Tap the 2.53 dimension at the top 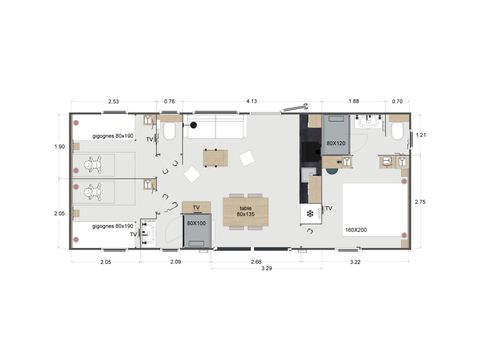(x=113, y=101)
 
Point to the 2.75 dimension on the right (x=420, y=201)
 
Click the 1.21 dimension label (x=420, y=135)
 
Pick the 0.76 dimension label (x=169, y=101)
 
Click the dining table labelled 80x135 (x=245, y=209)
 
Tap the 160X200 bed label (x=357, y=230)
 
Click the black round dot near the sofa (x=194, y=125)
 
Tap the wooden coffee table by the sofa (x=215, y=157)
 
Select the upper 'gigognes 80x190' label (x=110, y=136)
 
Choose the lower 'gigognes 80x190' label (x=110, y=226)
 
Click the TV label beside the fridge (x=328, y=209)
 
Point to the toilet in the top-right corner (x=398, y=130)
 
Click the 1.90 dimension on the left (x=58, y=147)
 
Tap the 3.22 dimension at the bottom (x=356, y=261)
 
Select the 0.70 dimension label (x=398, y=101)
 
